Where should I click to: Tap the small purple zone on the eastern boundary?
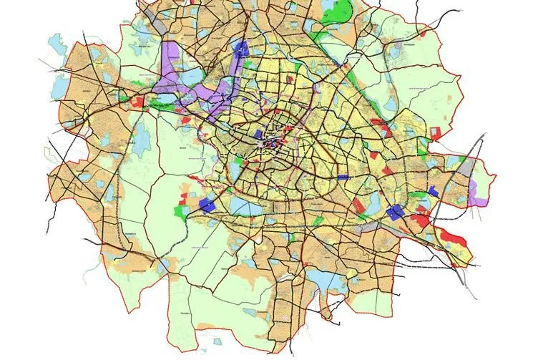[x=474, y=190]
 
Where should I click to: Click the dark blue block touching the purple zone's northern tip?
[x=241, y=49]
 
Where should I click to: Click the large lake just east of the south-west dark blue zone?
[x=251, y=207]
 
